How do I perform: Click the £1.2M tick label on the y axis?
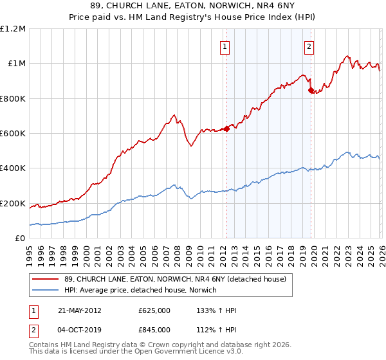13,29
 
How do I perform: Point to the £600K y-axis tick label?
13,134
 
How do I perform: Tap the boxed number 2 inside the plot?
309,46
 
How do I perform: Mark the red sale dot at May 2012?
226,129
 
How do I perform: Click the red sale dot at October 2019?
311,91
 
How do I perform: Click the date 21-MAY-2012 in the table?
80,310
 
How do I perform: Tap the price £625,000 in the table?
154,310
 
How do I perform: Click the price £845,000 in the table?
154,330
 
